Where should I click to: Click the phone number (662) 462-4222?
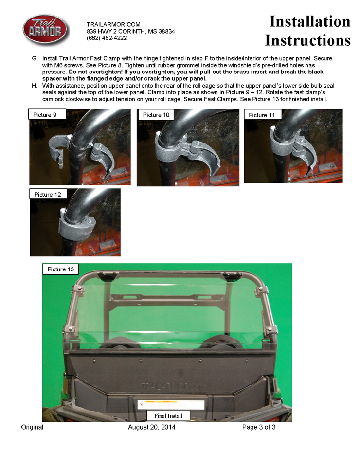(x=107, y=38)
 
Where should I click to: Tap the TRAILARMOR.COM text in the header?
(x=113, y=24)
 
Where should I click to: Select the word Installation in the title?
(x=309, y=21)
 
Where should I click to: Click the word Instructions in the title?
(x=307, y=40)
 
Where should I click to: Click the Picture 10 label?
(x=156, y=115)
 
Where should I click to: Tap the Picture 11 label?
(x=262, y=115)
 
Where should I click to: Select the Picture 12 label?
(x=48, y=194)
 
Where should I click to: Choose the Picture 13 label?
(x=60, y=269)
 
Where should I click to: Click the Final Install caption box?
(x=168, y=416)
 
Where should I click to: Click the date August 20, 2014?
(x=152, y=427)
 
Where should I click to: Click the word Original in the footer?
(x=32, y=427)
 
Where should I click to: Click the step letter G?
(x=34, y=58)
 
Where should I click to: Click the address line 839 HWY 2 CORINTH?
(x=130, y=31)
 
